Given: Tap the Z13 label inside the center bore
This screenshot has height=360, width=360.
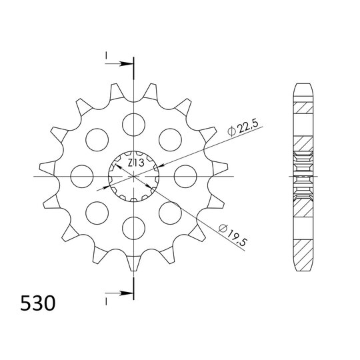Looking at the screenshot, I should (138, 162).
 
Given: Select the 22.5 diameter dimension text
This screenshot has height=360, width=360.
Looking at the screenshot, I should (242, 125).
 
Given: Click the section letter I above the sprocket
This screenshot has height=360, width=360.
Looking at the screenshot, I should (106, 57).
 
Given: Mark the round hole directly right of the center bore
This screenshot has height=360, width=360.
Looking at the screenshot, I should (187, 176).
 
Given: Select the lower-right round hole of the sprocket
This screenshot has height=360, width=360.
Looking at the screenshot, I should (171, 214).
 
